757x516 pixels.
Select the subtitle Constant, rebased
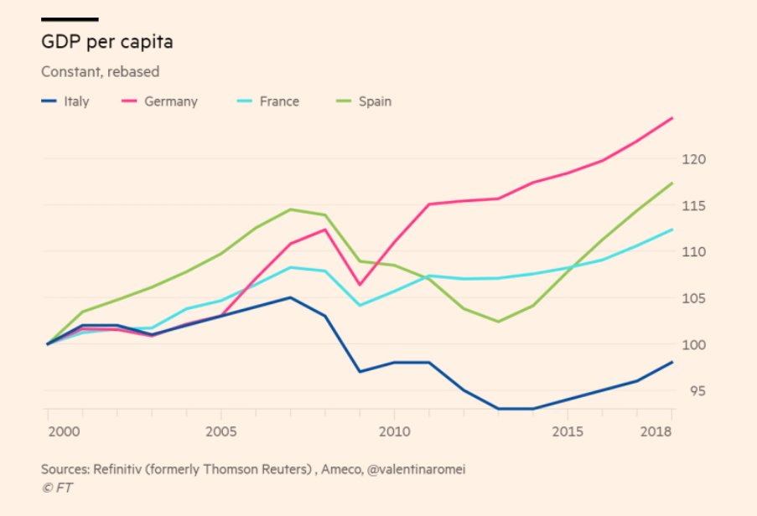tap(100, 72)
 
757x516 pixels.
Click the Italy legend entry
tap(76, 101)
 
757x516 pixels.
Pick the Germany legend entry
tap(170, 101)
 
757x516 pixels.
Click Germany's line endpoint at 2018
tap(672, 118)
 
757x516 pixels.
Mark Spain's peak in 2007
tap(290, 209)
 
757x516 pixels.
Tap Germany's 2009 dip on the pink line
tap(359, 285)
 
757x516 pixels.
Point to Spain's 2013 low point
tap(498, 322)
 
